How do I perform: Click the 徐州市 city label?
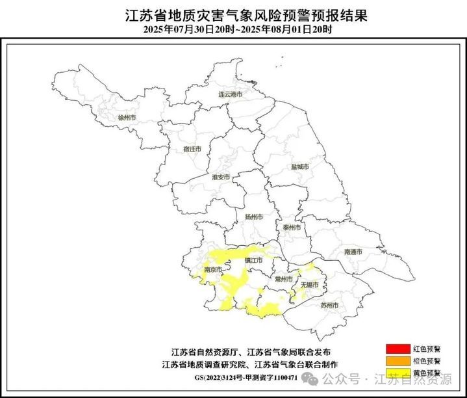[127, 118]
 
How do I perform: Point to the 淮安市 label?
[221, 177]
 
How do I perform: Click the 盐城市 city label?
[299, 166]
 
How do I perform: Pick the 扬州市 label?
[254, 217]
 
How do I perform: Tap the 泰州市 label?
[292, 228]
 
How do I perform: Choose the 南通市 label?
[353, 251]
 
